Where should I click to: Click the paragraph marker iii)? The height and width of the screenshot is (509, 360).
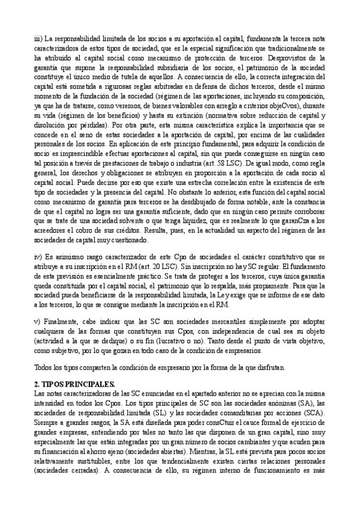pyautogui.click(x=38, y=37)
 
